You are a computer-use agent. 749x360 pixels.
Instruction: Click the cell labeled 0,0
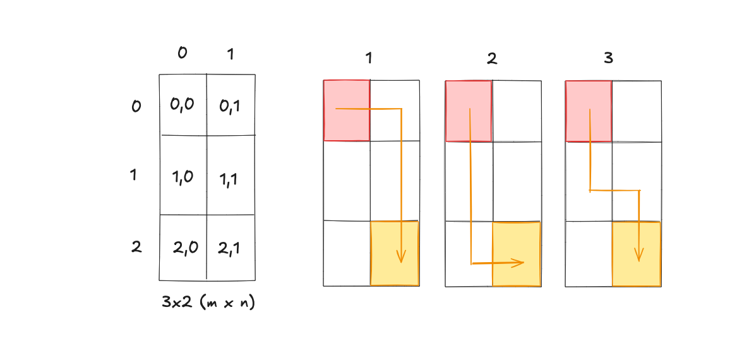coord(183,105)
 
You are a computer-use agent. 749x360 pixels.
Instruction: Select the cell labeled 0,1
coord(231,105)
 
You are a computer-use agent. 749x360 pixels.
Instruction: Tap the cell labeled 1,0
coord(183,177)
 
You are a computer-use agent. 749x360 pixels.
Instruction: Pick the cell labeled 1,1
coord(231,178)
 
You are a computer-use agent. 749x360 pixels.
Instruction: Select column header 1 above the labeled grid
coord(231,55)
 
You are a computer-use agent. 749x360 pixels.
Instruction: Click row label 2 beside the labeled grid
coord(136,247)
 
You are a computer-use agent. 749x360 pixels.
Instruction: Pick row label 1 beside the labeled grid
coord(133,175)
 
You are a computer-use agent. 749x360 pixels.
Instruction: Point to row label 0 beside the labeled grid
coord(136,106)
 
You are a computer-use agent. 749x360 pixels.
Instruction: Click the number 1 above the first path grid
coord(369,59)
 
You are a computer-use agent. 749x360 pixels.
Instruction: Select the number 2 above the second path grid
coord(492,59)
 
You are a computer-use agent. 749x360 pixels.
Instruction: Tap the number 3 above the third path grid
coord(609,59)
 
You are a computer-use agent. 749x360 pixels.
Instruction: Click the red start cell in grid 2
coord(469,111)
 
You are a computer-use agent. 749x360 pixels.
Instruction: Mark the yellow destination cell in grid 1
coord(394,253)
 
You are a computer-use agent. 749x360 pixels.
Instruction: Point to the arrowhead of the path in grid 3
coord(638,256)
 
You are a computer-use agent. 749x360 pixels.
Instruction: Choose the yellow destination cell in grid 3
coord(637,253)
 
